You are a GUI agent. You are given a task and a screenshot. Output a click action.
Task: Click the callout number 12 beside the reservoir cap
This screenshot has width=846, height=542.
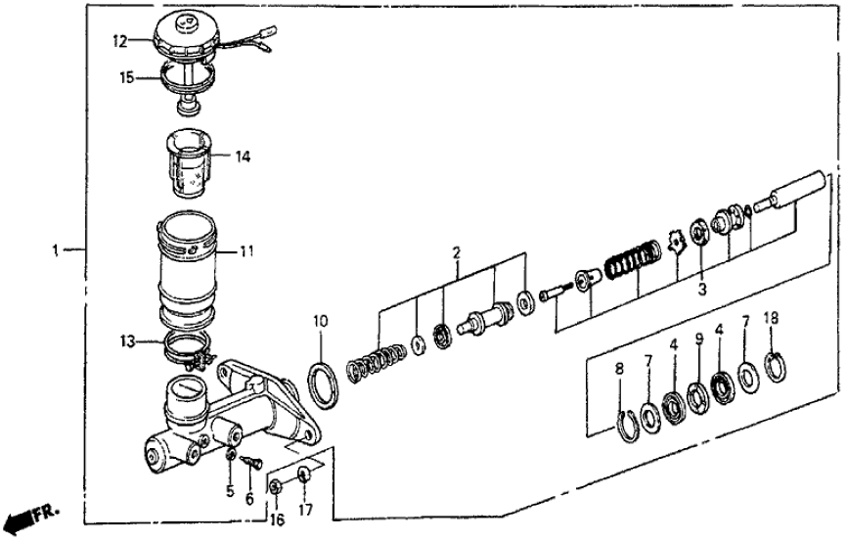119,41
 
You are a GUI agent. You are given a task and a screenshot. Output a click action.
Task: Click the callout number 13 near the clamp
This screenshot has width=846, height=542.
126,341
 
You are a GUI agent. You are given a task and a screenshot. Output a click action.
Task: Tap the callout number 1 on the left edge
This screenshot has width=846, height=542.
56,251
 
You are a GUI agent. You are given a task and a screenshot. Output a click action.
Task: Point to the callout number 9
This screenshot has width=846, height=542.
699,341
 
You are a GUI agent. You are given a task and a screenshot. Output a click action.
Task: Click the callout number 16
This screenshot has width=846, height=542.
276,512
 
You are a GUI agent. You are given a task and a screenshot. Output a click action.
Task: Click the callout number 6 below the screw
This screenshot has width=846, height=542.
249,499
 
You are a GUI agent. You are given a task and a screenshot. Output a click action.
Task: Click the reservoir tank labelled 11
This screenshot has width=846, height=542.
187,269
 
